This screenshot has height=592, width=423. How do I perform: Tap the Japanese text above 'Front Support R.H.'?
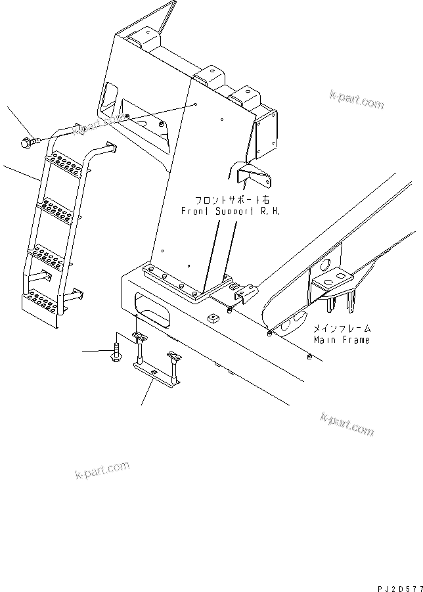(226, 199)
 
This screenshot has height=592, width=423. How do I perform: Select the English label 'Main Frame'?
(341, 340)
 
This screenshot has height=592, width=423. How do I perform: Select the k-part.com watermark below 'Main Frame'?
(347, 424)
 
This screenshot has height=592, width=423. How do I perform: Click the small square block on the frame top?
(212, 319)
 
